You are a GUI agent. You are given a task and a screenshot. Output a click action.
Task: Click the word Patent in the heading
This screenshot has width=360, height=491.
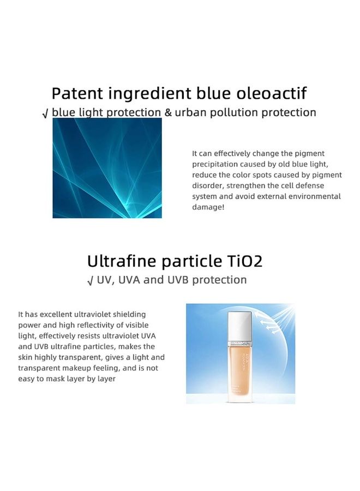point(77,93)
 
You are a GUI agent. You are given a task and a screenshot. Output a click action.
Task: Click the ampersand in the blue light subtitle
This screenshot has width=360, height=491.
point(168,112)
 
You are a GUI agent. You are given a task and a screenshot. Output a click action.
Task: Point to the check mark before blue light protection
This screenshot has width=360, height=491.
point(45,114)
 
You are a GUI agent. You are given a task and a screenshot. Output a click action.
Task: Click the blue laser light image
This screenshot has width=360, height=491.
point(107,168)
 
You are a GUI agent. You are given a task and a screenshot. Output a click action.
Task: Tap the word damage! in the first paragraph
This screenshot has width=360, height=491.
point(208,207)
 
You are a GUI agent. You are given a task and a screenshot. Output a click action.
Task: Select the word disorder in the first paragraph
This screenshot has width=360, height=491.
point(207,185)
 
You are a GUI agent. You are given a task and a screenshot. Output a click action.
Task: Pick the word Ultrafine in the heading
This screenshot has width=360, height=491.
point(122,261)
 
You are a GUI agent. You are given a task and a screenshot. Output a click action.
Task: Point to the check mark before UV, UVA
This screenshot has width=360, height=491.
point(91,281)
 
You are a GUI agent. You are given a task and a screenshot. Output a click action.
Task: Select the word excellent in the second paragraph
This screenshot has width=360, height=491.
point(56,314)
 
